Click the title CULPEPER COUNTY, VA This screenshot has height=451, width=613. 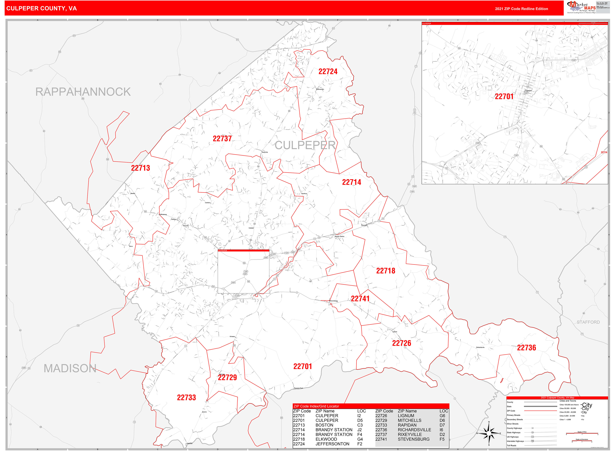click(x=42, y=8)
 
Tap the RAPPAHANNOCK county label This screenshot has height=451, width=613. click(x=83, y=92)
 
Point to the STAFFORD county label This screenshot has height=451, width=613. click(x=588, y=322)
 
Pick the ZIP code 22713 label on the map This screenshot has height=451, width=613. click(x=141, y=168)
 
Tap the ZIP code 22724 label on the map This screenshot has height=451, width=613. click(x=328, y=71)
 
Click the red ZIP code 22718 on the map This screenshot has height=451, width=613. click(x=385, y=271)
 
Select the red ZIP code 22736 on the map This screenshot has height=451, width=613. click(x=526, y=348)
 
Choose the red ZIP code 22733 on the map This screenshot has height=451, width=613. click(x=186, y=398)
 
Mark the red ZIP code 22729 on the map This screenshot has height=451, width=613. click(x=227, y=377)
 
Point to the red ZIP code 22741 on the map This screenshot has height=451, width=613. click(x=360, y=299)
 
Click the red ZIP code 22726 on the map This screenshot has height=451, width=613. click(x=401, y=343)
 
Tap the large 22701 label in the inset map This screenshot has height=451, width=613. click(x=504, y=96)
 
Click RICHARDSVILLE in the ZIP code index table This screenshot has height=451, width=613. click(x=414, y=430)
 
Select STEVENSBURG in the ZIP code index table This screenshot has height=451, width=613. click(x=413, y=439)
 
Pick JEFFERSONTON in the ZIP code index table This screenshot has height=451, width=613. click(x=332, y=444)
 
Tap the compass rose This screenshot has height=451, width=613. click(x=489, y=433)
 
